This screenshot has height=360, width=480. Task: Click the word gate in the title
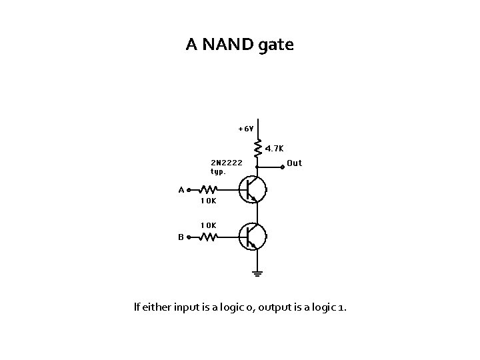pyautogui.click(x=275, y=47)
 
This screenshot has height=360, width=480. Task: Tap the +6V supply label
pyautogui.click(x=245, y=128)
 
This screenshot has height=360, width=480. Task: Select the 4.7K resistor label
pyautogui.click(x=274, y=148)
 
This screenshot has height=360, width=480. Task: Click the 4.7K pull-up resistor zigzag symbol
pyautogui.click(x=258, y=146)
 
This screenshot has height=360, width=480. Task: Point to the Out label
pyautogui.click(x=294, y=163)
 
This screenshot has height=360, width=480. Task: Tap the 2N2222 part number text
pyautogui.click(x=227, y=162)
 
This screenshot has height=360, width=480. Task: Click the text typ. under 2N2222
pyautogui.click(x=218, y=171)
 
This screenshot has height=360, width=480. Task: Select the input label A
pyautogui.click(x=181, y=189)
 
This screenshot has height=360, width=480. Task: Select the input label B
pyautogui.click(x=181, y=236)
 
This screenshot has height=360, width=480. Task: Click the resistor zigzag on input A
pyautogui.click(x=209, y=189)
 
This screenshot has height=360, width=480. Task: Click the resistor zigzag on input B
pyautogui.click(x=209, y=236)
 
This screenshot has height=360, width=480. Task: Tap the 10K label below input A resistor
pyautogui.click(x=208, y=200)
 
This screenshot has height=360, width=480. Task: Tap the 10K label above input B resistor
pyautogui.click(x=208, y=225)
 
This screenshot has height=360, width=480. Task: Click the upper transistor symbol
pyautogui.click(x=253, y=189)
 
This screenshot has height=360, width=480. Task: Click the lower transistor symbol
pyautogui.click(x=253, y=236)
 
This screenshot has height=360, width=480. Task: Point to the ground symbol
pyautogui.click(x=258, y=272)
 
